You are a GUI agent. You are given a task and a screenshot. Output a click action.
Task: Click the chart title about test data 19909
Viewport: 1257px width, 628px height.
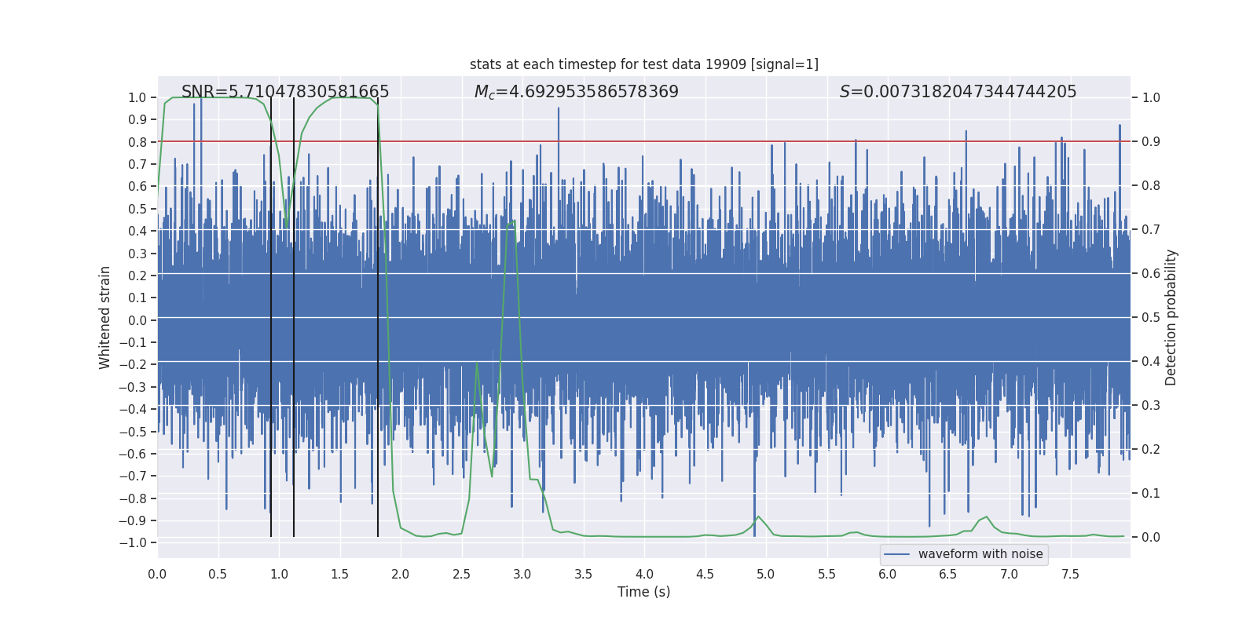pyautogui.click(x=643, y=64)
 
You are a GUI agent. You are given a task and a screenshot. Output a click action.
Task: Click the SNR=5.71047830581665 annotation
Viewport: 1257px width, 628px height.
pyautogui.click(x=285, y=92)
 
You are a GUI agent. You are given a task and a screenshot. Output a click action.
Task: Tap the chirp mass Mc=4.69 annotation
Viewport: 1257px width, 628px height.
pyautogui.click(x=576, y=92)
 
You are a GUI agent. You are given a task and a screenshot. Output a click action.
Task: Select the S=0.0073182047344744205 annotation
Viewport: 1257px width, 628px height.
pyautogui.click(x=958, y=92)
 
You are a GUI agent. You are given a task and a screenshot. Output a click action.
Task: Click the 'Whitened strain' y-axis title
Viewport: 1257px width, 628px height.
pyautogui.click(x=105, y=317)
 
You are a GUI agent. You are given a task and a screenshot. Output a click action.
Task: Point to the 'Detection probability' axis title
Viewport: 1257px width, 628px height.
pyautogui.click(x=1171, y=317)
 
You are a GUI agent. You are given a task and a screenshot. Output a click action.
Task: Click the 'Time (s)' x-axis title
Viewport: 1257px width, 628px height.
pyautogui.click(x=643, y=592)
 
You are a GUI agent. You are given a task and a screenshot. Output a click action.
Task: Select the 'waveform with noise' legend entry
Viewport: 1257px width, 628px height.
pyautogui.click(x=964, y=554)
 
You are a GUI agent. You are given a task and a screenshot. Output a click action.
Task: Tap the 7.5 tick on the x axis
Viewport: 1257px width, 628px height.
pyautogui.click(x=1070, y=574)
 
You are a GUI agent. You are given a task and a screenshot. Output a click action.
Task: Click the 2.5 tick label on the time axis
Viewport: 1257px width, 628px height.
pyautogui.click(x=461, y=574)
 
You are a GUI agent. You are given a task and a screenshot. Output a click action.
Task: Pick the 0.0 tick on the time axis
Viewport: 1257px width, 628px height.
pyautogui.click(x=157, y=574)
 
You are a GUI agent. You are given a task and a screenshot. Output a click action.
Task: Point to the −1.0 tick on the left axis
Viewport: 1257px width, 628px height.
pyautogui.click(x=137, y=542)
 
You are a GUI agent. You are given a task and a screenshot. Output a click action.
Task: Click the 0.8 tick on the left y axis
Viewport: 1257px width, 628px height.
pyautogui.click(x=138, y=142)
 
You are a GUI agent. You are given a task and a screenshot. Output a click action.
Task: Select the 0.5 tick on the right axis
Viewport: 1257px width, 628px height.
pyautogui.click(x=1151, y=317)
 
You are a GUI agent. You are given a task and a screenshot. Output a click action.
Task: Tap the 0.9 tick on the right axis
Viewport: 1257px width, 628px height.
pyautogui.click(x=1151, y=141)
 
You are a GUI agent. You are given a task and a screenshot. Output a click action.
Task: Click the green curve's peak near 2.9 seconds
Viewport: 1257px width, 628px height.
pyautogui.click(x=513, y=221)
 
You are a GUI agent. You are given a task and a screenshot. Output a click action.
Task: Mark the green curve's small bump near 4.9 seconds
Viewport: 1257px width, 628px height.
pyautogui.click(x=758, y=517)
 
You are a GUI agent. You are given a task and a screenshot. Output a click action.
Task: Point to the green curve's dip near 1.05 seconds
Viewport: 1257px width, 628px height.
pyautogui.click(x=287, y=222)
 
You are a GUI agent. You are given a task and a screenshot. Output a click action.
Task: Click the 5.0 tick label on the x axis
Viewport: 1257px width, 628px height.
pyautogui.click(x=765, y=574)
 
